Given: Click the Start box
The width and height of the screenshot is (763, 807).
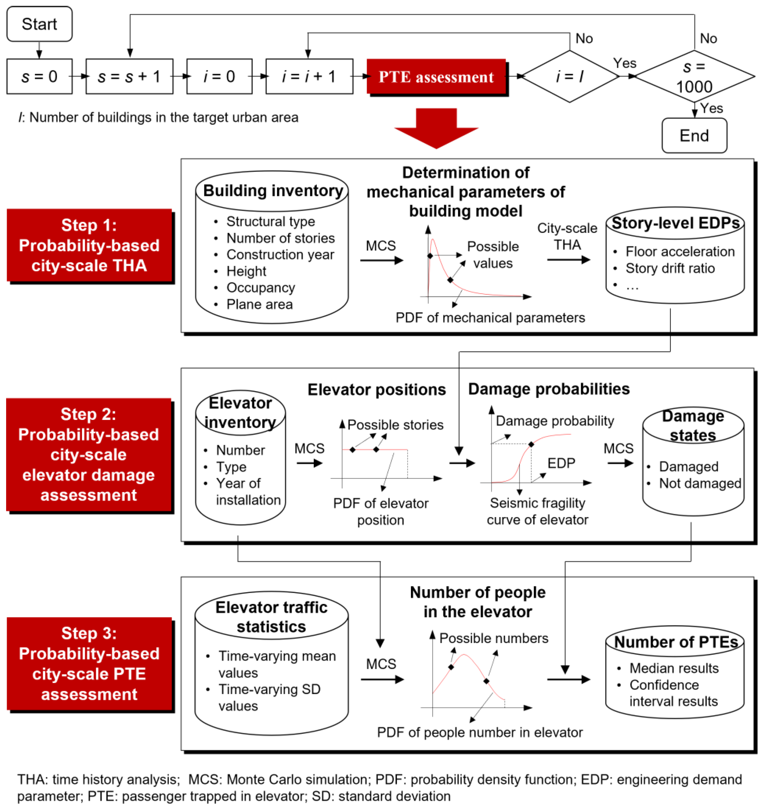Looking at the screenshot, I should [x=39, y=24].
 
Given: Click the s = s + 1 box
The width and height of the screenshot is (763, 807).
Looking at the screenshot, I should [x=129, y=77].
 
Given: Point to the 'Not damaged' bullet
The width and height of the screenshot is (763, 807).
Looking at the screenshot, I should [x=699, y=483].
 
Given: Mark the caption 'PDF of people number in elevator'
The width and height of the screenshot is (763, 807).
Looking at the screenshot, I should [x=480, y=732].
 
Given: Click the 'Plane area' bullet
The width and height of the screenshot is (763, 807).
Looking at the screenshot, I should [x=259, y=304].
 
